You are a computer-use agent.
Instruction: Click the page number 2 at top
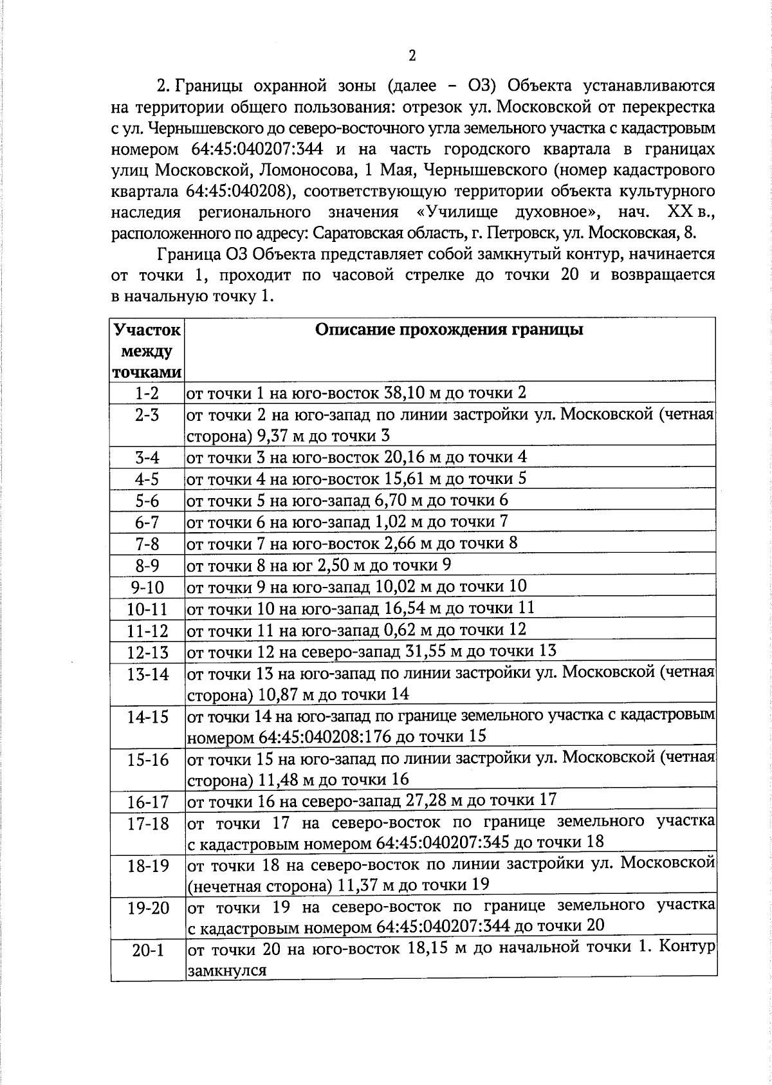point(412,55)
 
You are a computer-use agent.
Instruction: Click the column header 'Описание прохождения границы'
point(449,330)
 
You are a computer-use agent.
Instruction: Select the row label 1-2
point(147,393)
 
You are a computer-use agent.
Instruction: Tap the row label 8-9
point(147,566)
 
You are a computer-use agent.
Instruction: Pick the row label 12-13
point(147,653)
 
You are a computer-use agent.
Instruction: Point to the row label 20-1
point(147,951)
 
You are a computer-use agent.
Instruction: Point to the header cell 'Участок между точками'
point(147,351)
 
